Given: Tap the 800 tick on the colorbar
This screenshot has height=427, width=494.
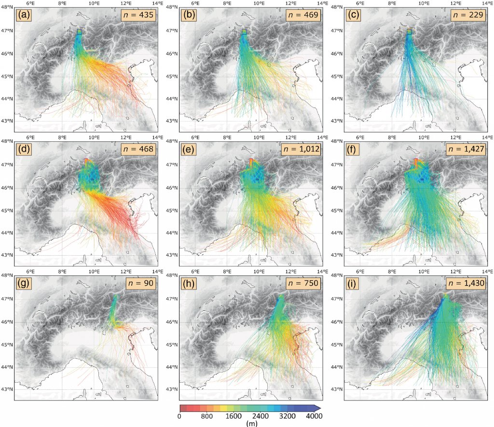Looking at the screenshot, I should [207, 416].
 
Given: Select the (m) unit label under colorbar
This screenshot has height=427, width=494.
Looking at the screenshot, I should [251, 423].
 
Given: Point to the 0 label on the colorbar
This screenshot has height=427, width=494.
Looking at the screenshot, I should [179, 416].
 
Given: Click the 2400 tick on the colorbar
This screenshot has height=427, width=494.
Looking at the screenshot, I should [263, 416].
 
